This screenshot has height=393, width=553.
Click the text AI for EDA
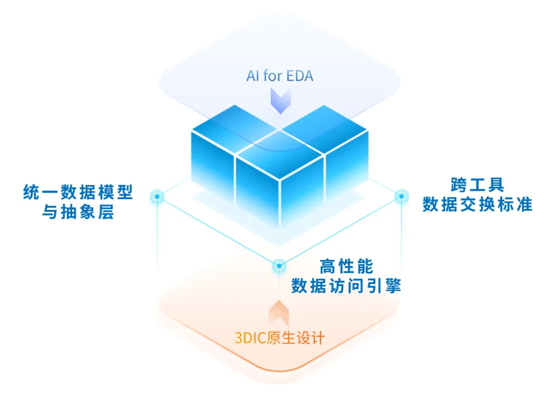tap(280, 76)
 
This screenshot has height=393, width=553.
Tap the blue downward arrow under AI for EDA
tap(280, 100)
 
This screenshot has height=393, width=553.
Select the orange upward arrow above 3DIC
tap(279, 312)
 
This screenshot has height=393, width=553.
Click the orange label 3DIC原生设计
tap(280, 338)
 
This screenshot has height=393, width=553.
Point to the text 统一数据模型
tap(78, 192)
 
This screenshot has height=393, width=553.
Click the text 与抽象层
tap(78, 212)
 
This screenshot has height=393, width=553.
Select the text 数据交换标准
tap(477, 204)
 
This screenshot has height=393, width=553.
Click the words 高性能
tap(346, 267)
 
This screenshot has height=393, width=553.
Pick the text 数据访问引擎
tap(346, 286)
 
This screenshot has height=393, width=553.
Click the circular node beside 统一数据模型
tap(157, 196)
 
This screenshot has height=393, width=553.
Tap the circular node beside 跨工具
tap(401, 196)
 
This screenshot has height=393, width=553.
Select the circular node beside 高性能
tap(279, 266)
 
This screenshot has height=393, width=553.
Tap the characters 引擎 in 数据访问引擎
tap(382, 286)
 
